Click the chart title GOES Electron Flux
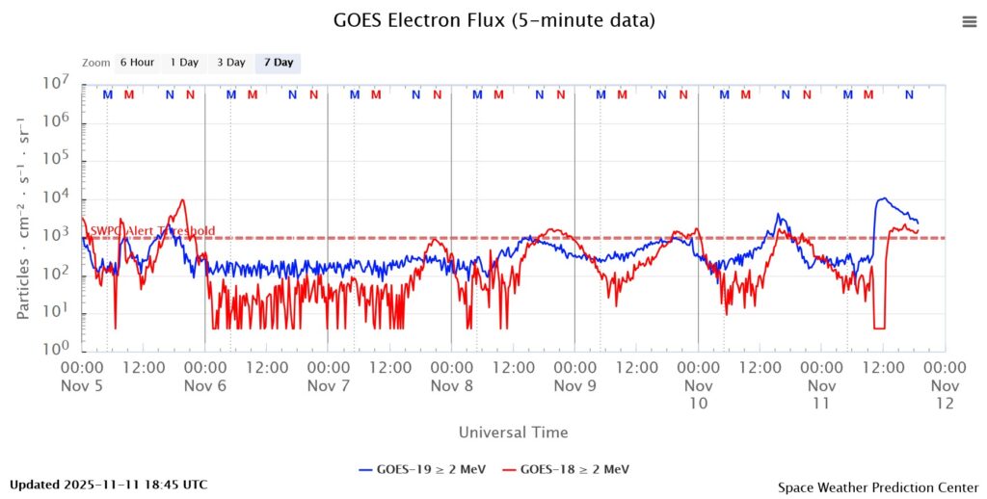pyautogui.click(x=493, y=20)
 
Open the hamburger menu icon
pyautogui.click(x=970, y=22)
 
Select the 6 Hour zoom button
pyautogui.click(x=137, y=63)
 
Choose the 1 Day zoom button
pyautogui.click(x=184, y=63)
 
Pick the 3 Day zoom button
pyautogui.click(x=231, y=63)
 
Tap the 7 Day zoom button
pyautogui.click(x=278, y=63)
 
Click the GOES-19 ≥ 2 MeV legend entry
pyautogui.click(x=422, y=469)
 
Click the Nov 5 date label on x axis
pyautogui.click(x=83, y=385)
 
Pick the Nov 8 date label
pyautogui.click(x=452, y=385)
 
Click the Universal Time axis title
pyautogui.click(x=513, y=433)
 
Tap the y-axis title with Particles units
pyautogui.click(x=23, y=218)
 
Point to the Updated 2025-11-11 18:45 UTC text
pyautogui.click(x=108, y=485)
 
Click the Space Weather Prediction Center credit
pyautogui.click(x=877, y=487)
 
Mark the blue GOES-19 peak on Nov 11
pyautogui.click(x=881, y=198)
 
